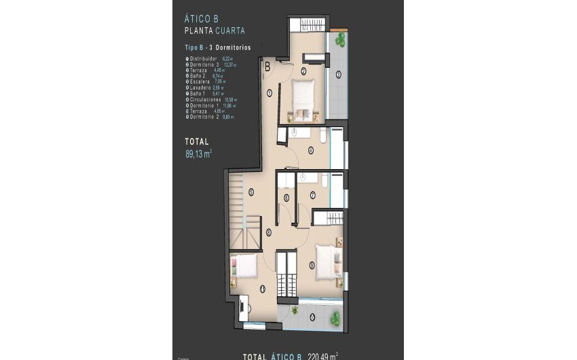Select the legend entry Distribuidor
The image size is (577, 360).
click(x=206, y=59)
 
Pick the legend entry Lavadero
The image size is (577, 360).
click(x=202, y=88)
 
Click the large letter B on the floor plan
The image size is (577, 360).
click(x=268, y=67)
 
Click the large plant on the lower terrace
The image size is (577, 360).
click(x=335, y=317)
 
